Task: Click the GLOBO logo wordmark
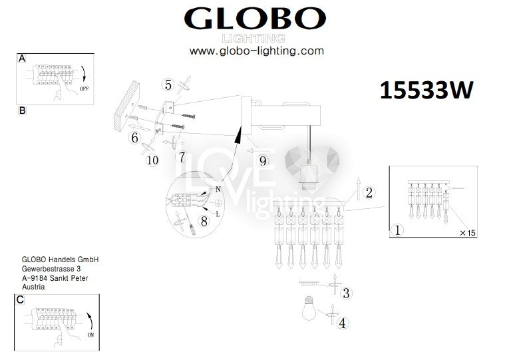[x=255, y=19]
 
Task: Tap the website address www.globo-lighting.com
[x=257, y=51]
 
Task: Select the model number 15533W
[x=427, y=90]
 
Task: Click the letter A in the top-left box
[x=22, y=59]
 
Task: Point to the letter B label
[x=22, y=110]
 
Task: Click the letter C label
[x=20, y=299]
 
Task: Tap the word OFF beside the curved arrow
[x=84, y=89]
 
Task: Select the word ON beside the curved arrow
[x=90, y=335]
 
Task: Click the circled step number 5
[x=168, y=85]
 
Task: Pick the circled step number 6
[x=135, y=138]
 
